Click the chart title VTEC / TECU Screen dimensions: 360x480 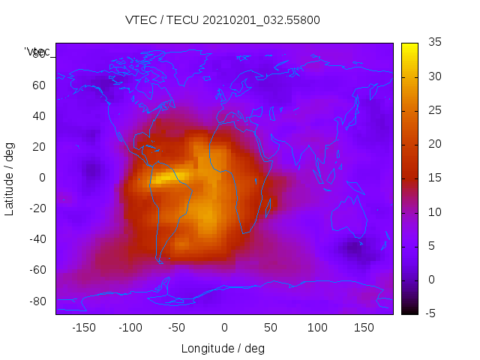pos(222,20)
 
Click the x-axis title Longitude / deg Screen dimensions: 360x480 pos(223,348)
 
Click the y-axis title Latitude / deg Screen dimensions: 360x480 pos(10,178)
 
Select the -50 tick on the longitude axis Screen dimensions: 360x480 pos(177,328)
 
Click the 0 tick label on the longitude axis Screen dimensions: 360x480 pos(223,328)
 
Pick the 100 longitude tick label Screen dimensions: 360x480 pos(317,328)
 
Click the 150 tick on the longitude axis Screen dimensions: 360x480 pos(364,328)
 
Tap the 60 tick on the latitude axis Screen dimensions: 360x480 pos(39,85)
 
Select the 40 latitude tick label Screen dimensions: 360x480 pos(39,115)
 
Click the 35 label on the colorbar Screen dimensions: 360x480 pos(434,43)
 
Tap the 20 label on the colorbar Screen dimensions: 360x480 pos(434,144)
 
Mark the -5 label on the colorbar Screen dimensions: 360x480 pos(432,313)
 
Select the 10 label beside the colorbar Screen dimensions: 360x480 pos(434,212)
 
